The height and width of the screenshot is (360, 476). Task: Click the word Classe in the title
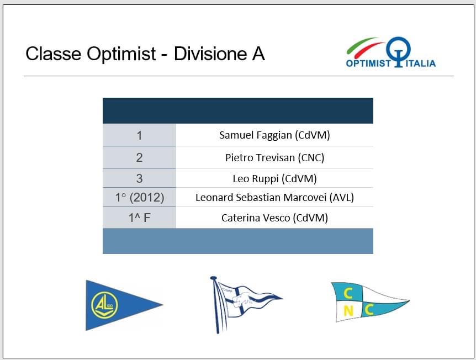(54, 54)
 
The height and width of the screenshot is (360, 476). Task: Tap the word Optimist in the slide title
(121, 54)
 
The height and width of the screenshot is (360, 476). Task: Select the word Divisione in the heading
(210, 54)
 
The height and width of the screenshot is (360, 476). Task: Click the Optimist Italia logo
(391, 52)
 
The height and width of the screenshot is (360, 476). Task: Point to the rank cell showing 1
(139, 135)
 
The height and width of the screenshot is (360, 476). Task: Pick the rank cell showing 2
(139, 157)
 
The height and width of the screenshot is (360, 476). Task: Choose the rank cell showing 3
(139, 178)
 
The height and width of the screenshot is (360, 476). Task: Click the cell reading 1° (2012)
(139, 198)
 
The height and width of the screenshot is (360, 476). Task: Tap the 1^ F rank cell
(139, 218)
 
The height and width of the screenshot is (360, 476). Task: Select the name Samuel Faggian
(256, 135)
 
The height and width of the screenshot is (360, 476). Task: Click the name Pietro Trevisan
(260, 157)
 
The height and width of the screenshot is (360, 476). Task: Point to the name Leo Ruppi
(256, 179)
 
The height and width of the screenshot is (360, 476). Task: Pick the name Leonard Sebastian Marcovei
(261, 198)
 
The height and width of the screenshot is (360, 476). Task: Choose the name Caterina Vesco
(256, 218)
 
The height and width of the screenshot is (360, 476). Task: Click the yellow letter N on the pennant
(348, 311)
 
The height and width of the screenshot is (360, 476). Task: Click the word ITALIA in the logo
(420, 63)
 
